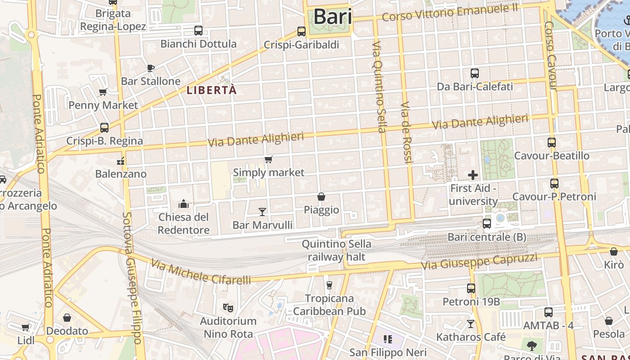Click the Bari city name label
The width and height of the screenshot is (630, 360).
tap(333, 17)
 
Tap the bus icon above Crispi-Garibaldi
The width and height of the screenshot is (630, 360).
tap(301, 31)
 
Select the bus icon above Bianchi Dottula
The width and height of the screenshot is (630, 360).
tap(198, 31)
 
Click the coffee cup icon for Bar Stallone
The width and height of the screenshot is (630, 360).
tap(151, 68)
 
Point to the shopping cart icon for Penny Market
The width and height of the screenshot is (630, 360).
tap(103, 92)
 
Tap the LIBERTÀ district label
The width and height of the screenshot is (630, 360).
tap(211, 90)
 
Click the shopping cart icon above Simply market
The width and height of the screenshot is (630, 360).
tap(269, 159)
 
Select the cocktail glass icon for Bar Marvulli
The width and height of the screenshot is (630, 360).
tap(262, 211)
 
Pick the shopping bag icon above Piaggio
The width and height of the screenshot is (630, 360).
tap(321, 197)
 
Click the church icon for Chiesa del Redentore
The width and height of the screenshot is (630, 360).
tap(184, 204)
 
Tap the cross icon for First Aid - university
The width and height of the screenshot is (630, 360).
tap(473, 175)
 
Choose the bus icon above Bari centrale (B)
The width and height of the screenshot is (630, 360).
tap(486, 223)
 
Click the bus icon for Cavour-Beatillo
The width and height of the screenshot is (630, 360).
tap(552, 143)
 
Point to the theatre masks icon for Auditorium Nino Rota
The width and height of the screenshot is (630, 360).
tap(228, 308)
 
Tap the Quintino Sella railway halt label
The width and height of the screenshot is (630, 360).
tap(337, 251)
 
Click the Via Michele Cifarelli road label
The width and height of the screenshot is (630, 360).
tap(201, 272)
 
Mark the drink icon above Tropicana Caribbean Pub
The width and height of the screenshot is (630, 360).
tap(329, 285)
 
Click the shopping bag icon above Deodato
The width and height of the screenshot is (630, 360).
tap(67, 318)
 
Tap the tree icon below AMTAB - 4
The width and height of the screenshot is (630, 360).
tap(532, 346)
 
